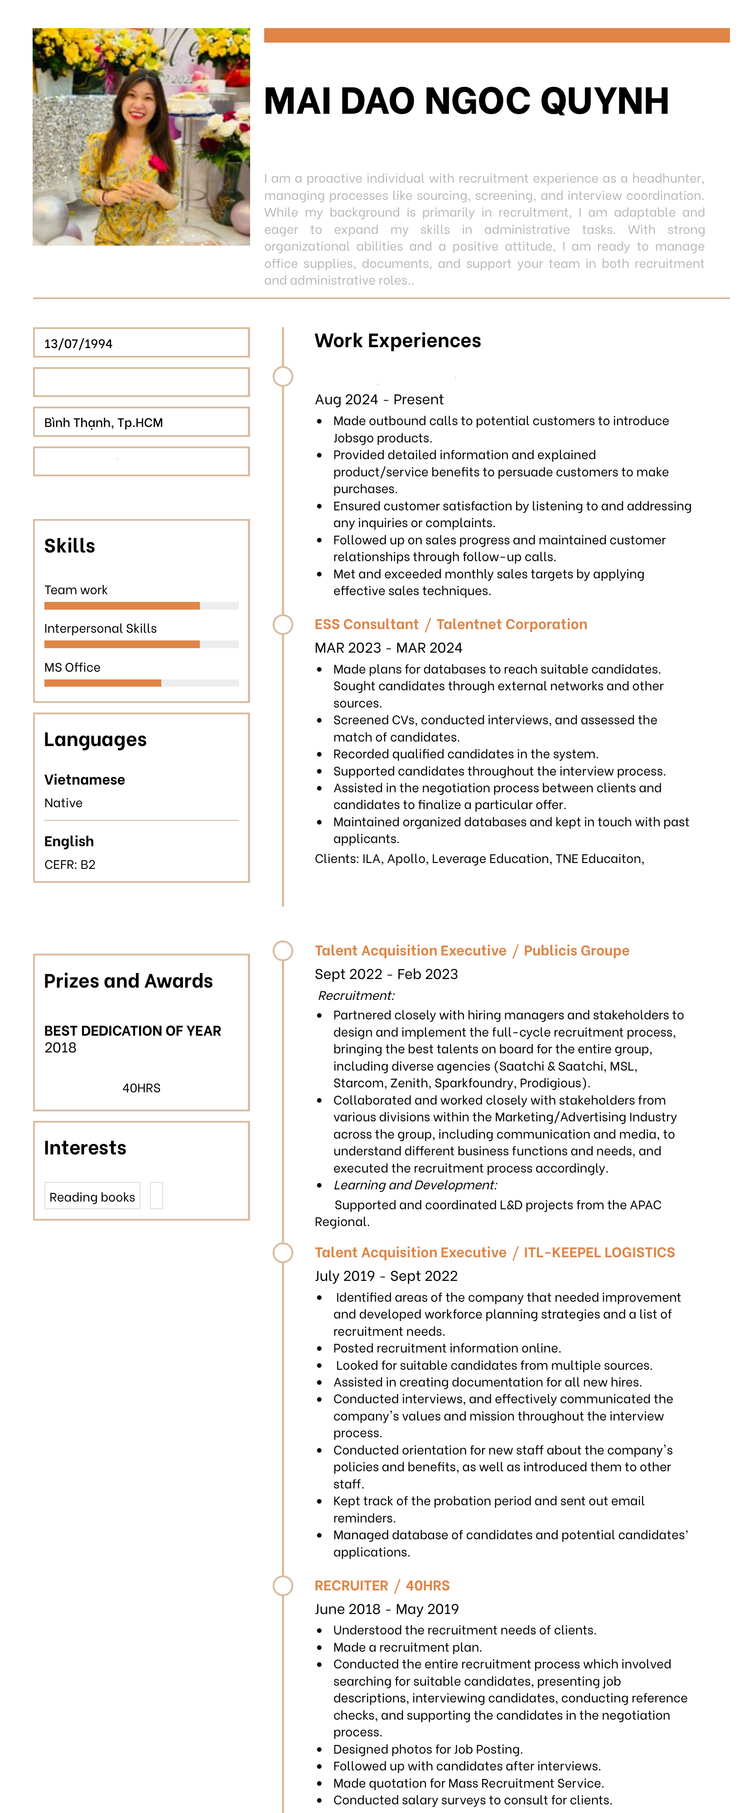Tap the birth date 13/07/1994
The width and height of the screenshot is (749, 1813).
click(78, 344)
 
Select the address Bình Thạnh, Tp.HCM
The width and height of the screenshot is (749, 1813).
click(103, 422)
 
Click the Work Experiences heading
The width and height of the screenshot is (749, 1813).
click(397, 341)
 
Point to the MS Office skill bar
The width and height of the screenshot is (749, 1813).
click(140, 683)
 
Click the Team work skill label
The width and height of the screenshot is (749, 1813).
click(76, 590)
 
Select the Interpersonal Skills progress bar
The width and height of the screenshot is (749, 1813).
click(140, 644)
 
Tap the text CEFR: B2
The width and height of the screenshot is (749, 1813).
click(70, 864)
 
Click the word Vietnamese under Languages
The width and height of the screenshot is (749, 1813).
click(84, 780)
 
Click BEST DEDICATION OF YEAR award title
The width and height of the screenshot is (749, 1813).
click(132, 1030)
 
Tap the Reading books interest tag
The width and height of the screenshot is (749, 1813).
click(92, 1197)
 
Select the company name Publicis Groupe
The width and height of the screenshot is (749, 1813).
click(576, 951)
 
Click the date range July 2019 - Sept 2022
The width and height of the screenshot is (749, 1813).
click(386, 1276)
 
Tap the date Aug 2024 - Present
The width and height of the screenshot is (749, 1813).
click(378, 399)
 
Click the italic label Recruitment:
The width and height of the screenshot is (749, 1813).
click(356, 995)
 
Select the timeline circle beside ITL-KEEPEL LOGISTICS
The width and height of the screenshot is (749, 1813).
click(283, 1253)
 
